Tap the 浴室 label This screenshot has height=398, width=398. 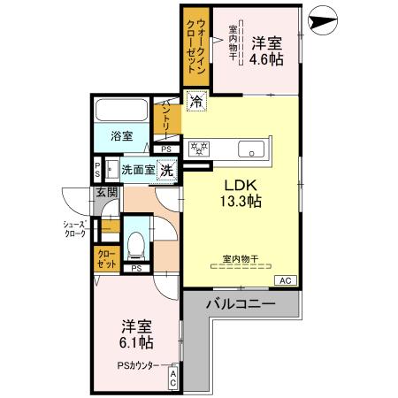tap(122, 136)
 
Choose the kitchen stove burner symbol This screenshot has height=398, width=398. tap(199, 149)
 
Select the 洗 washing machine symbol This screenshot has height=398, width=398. tap(166, 170)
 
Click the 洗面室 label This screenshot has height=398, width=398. tap(137, 170)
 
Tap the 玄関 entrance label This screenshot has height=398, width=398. tap(107, 193)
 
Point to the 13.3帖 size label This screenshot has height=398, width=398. tap(240, 202)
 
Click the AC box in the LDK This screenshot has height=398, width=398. tap(285, 280)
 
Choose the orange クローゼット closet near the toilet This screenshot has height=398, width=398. tap(107, 259)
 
